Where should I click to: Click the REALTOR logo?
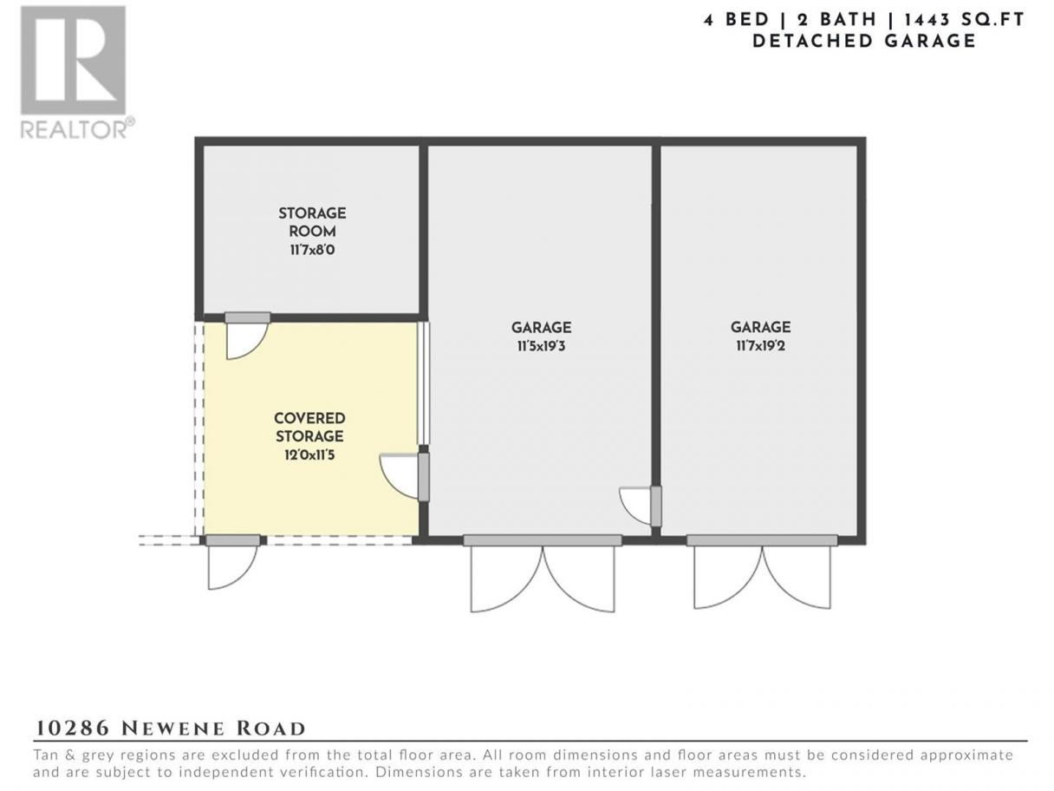[x=77, y=72]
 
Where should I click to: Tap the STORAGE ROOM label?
[x=312, y=222]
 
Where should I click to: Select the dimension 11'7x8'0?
[x=312, y=250]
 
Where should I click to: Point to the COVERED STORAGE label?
[x=309, y=427]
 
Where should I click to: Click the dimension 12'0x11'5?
[x=309, y=454]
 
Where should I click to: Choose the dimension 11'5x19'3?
[x=541, y=346]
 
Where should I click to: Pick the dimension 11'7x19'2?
[x=761, y=346]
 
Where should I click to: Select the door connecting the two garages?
[x=640, y=506]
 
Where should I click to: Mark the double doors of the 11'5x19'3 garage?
[x=543, y=575]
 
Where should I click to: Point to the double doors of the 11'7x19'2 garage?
[x=762, y=572]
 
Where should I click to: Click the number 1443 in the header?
[x=927, y=20]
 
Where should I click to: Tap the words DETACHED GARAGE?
[x=864, y=42]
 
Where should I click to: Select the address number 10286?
[x=72, y=729]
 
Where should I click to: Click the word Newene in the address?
[x=172, y=729]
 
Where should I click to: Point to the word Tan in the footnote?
[x=45, y=755]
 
